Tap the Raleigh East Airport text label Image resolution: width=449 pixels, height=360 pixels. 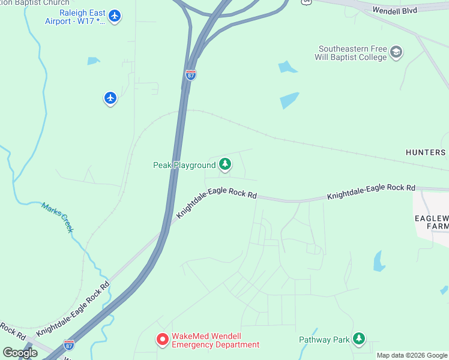click(74, 17)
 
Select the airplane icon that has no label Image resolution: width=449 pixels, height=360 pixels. click(110, 97)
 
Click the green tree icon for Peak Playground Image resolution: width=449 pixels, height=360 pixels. click(224, 164)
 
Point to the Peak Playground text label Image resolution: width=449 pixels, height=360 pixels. click(184, 165)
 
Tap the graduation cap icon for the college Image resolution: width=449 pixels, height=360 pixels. click(396, 52)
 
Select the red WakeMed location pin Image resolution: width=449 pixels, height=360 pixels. click(162, 340)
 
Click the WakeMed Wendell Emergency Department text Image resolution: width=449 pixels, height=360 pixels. click(215, 341)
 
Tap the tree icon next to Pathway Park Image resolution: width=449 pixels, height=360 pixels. click(359, 339)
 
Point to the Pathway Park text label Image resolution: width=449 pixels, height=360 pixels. click(324, 340)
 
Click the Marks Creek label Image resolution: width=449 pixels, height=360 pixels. click(58, 217)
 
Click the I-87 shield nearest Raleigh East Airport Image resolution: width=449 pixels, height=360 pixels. click(190, 74)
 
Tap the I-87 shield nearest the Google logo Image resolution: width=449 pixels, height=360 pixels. click(69, 345)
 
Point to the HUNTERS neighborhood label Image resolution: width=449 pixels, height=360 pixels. click(426, 152)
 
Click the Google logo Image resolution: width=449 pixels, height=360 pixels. click(20, 353)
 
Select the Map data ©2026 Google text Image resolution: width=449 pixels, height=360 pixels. click(412, 355)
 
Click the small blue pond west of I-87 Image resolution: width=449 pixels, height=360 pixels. click(93, 61)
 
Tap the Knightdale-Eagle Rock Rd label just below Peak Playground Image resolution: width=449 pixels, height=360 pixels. click(216, 204)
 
